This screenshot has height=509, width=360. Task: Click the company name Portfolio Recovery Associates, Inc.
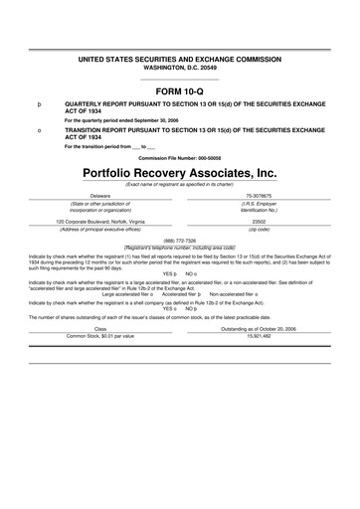tap(180, 172)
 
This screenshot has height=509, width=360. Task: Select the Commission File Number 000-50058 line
tap(180, 157)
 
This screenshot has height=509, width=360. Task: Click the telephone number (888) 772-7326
tap(180, 240)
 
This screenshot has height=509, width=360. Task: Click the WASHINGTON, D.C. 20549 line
tap(180, 41)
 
